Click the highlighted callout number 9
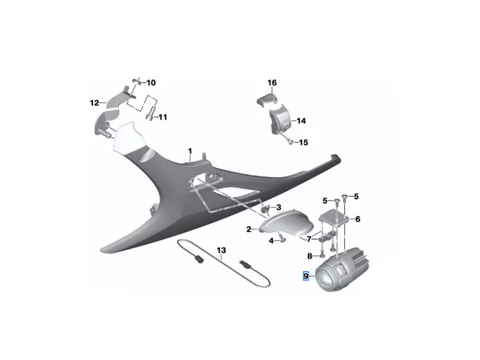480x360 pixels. click(x=306, y=276)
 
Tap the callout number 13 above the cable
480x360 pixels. click(x=221, y=250)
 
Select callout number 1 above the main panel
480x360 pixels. click(x=190, y=151)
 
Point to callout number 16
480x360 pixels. click(x=272, y=83)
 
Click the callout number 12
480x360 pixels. click(x=95, y=103)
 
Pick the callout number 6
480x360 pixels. click(x=358, y=219)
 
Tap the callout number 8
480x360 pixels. click(x=310, y=256)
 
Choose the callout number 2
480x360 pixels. click(x=249, y=229)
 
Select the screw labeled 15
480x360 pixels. click(x=291, y=142)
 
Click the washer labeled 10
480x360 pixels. click(x=137, y=82)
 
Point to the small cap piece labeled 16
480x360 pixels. click(x=267, y=100)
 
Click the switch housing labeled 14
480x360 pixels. click(x=280, y=120)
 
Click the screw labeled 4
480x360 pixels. click(x=282, y=238)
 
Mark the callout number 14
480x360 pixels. click(x=301, y=121)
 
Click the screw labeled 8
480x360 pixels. click(x=322, y=253)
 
